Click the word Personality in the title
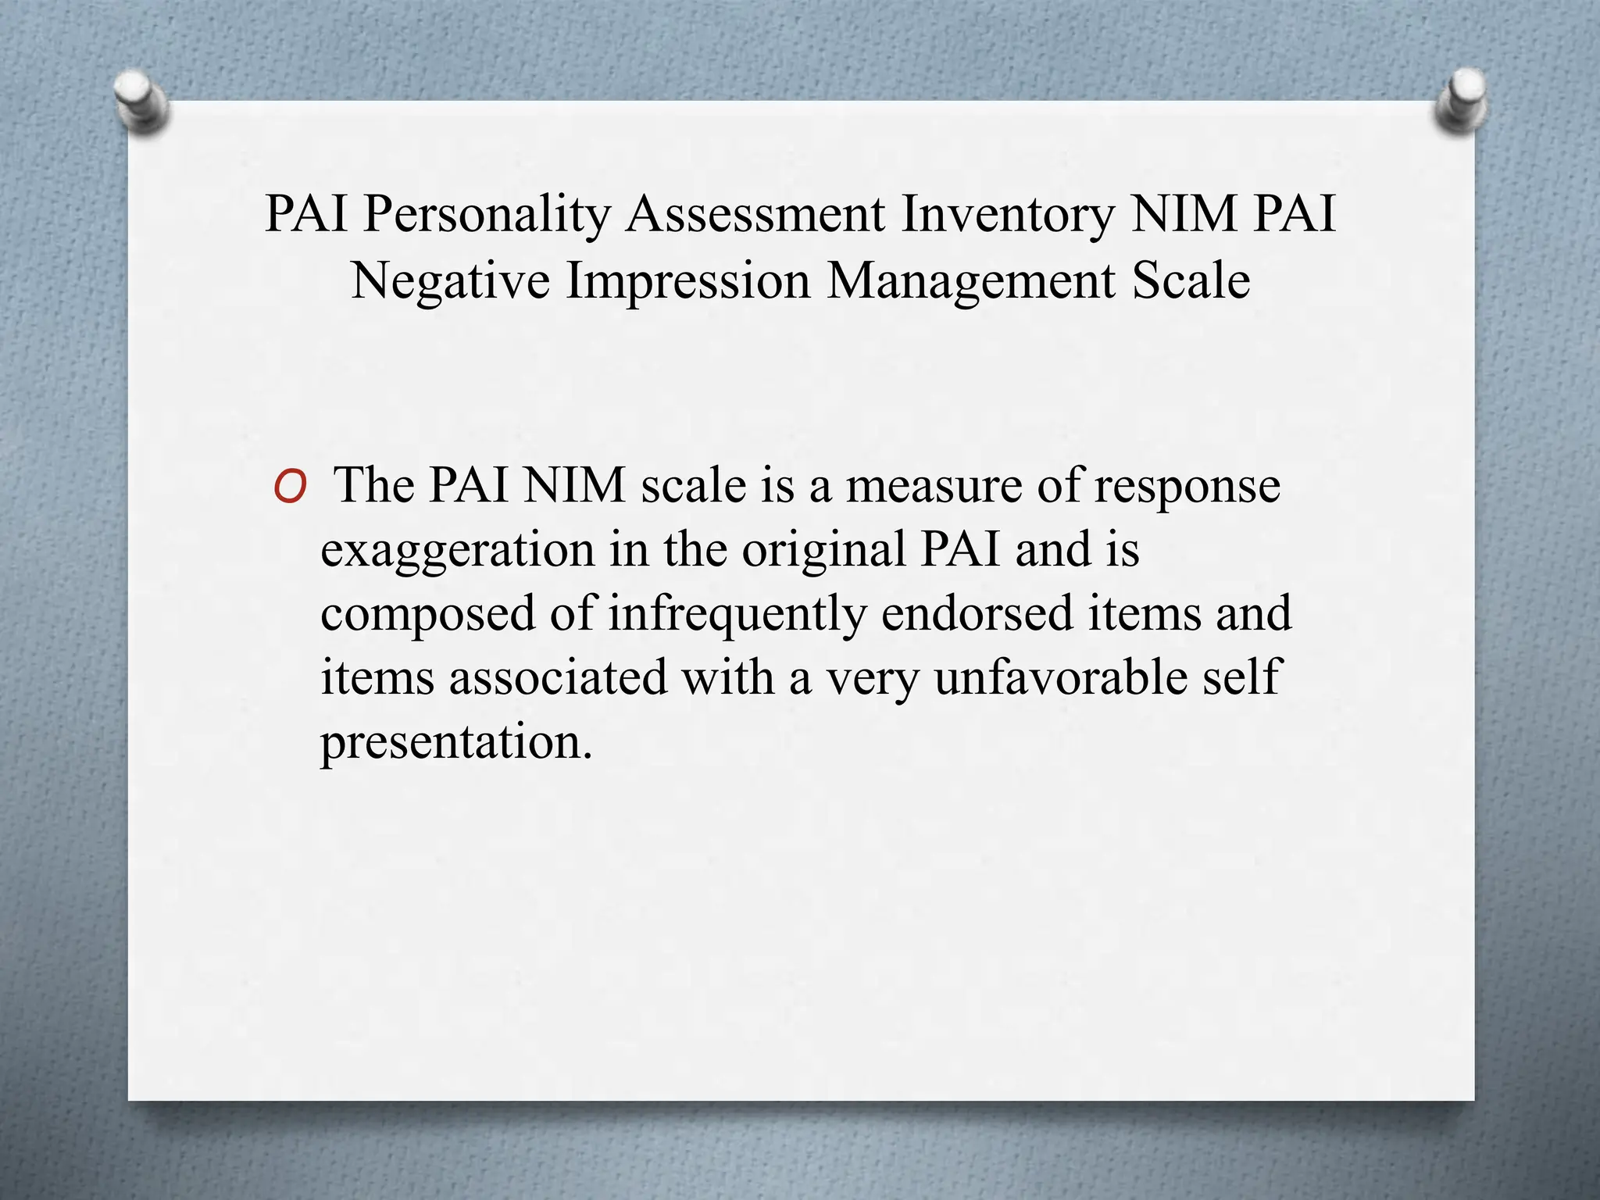486,214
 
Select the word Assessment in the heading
755,214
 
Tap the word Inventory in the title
1008,214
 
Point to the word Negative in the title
450,280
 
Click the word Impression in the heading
688,280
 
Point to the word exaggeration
458,551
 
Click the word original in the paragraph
823,549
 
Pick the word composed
427,614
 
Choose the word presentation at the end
456,742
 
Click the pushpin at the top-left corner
140,102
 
